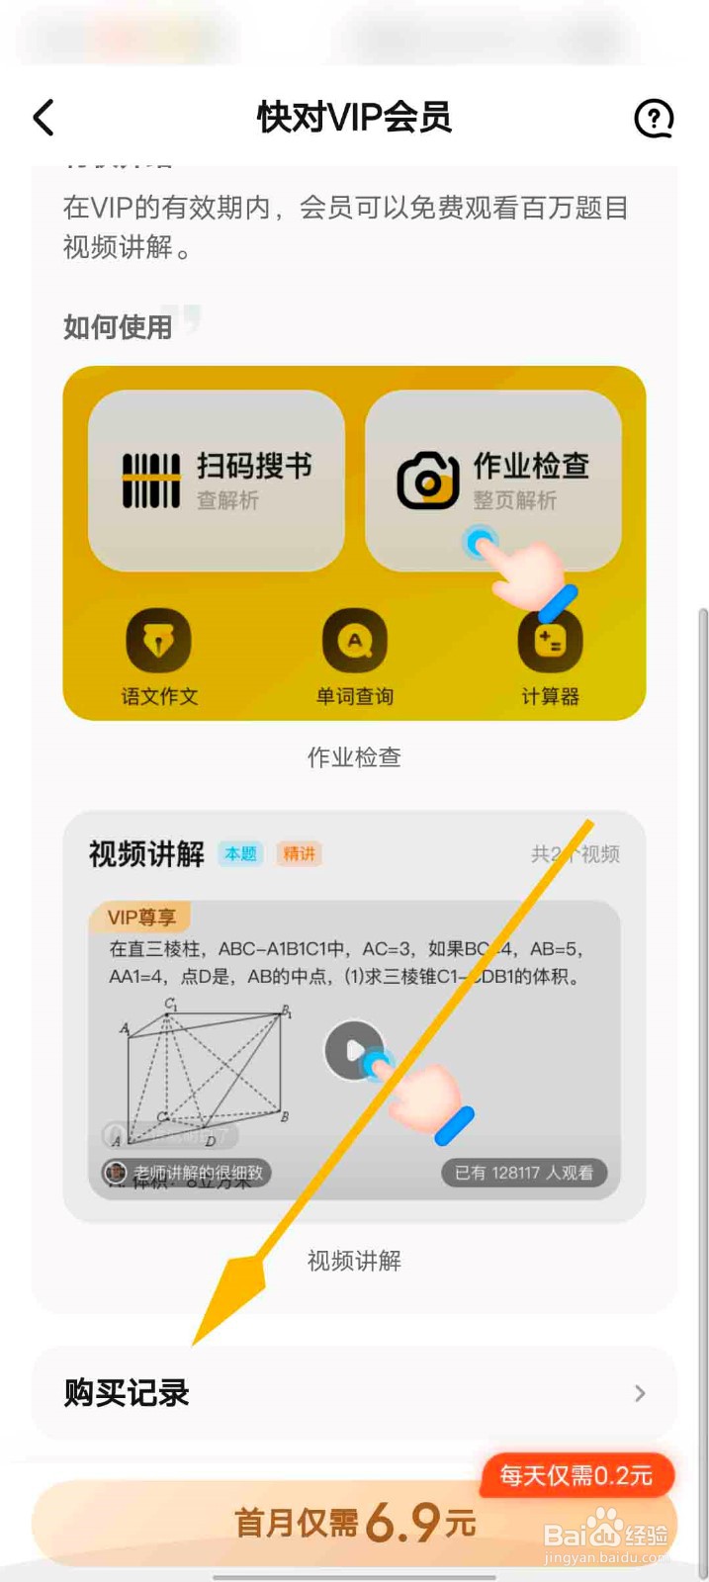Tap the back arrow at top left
(x=44, y=118)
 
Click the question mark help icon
(x=653, y=119)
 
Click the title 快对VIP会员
(x=354, y=118)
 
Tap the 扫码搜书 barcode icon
(x=151, y=481)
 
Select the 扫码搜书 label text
(x=254, y=466)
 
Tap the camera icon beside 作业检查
(x=427, y=481)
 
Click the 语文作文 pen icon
(x=158, y=642)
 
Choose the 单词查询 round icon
(x=354, y=642)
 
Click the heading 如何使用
(x=118, y=327)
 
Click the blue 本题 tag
(x=240, y=853)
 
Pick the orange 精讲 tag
(x=299, y=853)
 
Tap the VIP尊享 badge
(x=141, y=918)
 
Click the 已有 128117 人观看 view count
(x=523, y=1173)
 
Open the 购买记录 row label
(x=127, y=1393)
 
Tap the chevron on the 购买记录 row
(x=640, y=1393)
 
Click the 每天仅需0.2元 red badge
(x=576, y=1476)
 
